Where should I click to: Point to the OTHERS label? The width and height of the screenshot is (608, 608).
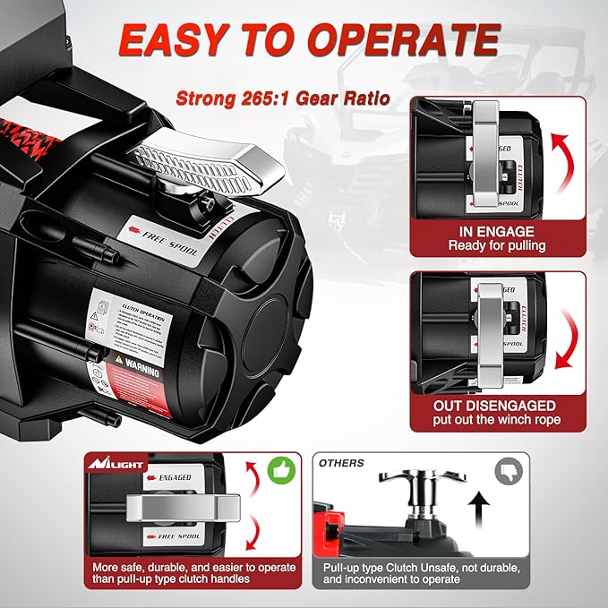pos(341,463)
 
